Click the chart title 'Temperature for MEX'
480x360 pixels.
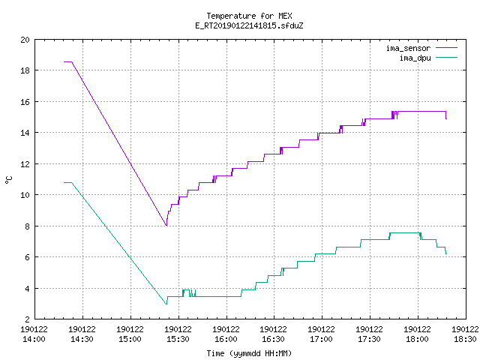249,16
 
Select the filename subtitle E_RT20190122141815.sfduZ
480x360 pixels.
249,25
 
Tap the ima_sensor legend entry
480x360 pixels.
421,48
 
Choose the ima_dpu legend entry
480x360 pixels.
428,58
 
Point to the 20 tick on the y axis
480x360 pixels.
25,40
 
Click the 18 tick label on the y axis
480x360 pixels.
25,70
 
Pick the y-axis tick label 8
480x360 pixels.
28,226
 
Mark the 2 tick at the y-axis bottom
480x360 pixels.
28,319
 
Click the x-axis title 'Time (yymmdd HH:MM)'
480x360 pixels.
249,353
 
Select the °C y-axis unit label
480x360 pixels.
8,180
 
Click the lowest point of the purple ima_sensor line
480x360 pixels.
166,226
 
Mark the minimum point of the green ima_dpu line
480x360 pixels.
166,304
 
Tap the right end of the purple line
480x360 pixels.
447,118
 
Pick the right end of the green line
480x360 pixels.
447,253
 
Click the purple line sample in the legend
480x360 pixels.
447,48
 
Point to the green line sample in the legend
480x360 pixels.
447,58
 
